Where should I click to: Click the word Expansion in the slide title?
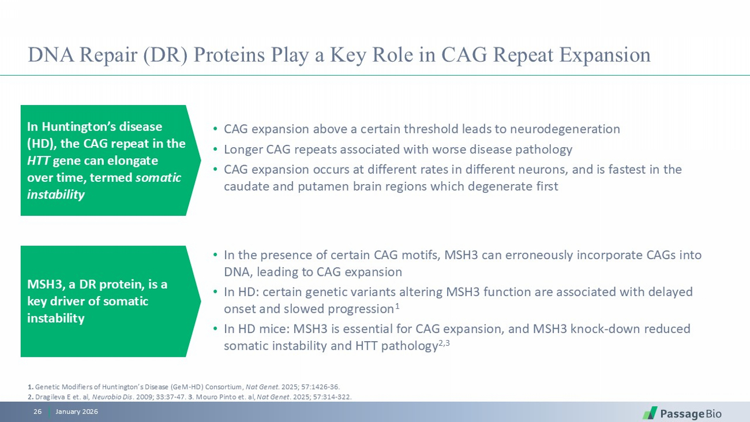[x=605, y=55]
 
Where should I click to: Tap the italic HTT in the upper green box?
[x=38, y=160]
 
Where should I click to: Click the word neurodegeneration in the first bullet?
[x=565, y=129]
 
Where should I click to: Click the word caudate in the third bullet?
[x=246, y=186]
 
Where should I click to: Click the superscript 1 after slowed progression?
[x=397, y=306]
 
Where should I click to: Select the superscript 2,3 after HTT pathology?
[x=444, y=343]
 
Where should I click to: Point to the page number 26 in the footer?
[x=37, y=412]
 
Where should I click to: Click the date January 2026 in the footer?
[x=77, y=412]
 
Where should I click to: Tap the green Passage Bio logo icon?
[x=650, y=413]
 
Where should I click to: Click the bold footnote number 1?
[x=30, y=387]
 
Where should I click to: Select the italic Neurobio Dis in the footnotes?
[x=112, y=397]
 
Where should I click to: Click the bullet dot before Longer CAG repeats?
[x=215, y=149]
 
